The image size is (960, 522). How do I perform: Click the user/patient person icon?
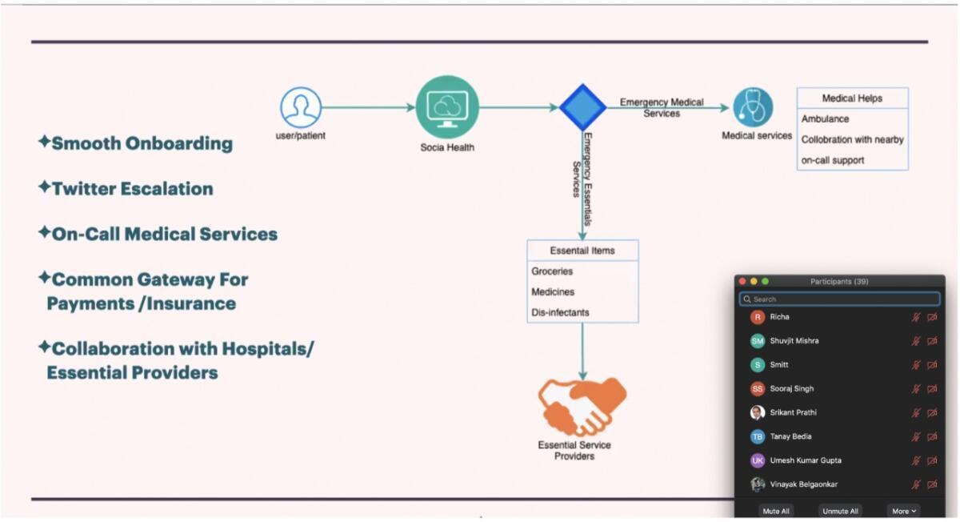coord(301,107)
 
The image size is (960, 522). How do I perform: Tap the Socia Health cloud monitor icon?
coord(447,107)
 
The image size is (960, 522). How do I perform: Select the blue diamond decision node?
coord(582,107)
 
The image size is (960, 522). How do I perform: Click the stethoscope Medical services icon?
coord(753,107)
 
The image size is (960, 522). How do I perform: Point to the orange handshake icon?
coord(582,407)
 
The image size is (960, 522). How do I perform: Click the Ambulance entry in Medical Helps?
coord(826,118)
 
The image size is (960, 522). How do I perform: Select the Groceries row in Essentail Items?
coord(553,271)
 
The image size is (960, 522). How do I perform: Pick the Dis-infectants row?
coord(560,312)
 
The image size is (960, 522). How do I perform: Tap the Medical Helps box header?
coord(852,98)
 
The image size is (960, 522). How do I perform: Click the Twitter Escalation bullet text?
coord(132,189)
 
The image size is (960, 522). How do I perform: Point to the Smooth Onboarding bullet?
coord(142,143)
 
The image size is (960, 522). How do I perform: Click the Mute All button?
coord(776,511)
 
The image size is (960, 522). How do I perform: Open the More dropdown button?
coord(904,511)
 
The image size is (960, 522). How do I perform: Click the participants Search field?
coord(839,299)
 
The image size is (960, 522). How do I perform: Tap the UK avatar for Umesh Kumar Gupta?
coord(758,460)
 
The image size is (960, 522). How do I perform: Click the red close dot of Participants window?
coord(742,281)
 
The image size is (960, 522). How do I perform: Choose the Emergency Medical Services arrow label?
coord(662,107)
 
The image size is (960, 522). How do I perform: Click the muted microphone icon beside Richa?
coord(916,317)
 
